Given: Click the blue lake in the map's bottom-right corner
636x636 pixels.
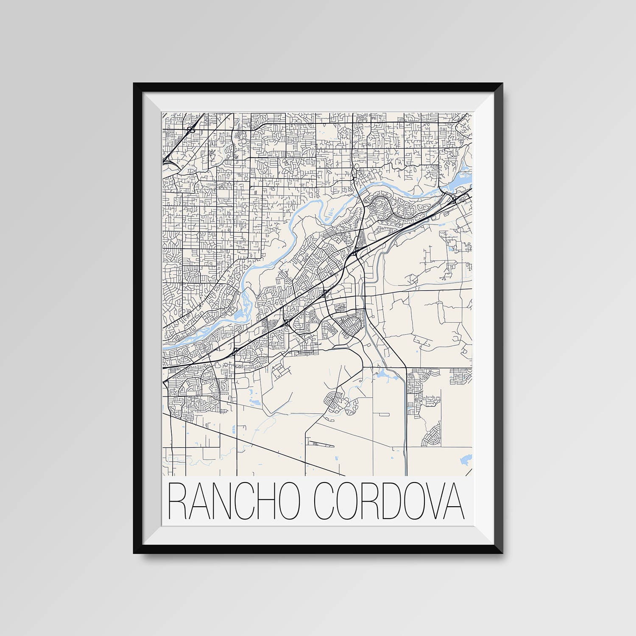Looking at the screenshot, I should coord(466,459).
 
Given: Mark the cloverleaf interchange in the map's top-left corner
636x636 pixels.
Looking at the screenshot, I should coord(189,128).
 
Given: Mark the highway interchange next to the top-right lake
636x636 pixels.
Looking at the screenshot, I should coord(452,198).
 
